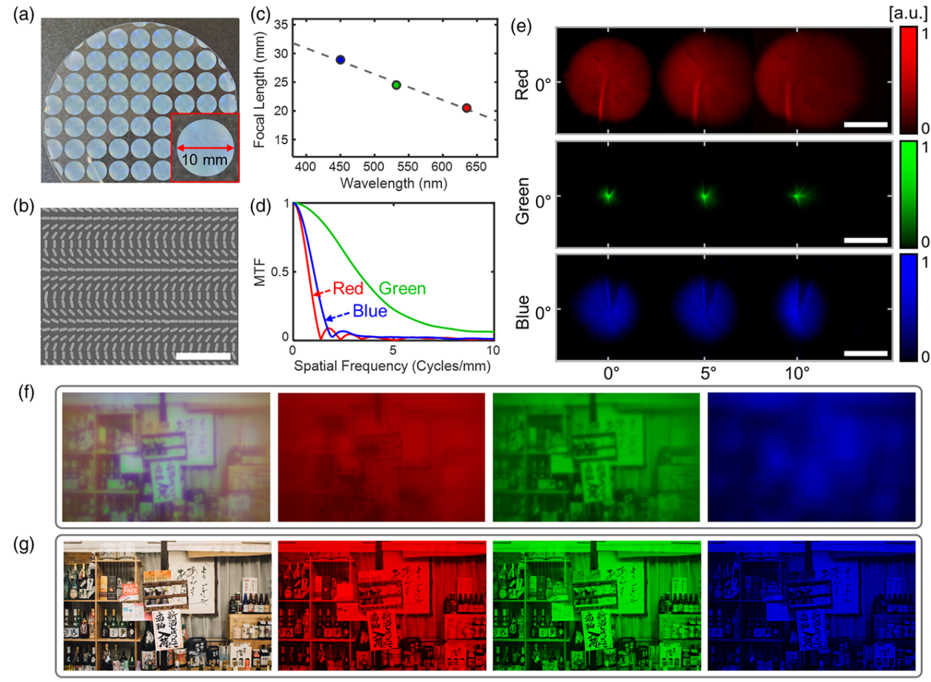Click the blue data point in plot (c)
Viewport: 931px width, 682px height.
click(x=340, y=60)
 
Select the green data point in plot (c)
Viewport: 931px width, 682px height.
click(x=396, y=85)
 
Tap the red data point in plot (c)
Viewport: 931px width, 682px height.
click(x=466, y=108)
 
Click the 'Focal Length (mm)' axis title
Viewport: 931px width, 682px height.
click(x=260, y=82)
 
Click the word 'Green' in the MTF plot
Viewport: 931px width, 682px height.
click(x=402, y=289)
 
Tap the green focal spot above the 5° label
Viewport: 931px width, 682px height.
click(x=704, y=195)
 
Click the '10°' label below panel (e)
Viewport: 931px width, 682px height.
click(x=798, y=377)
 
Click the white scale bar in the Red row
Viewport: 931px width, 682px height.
click(x=866, y=124)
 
